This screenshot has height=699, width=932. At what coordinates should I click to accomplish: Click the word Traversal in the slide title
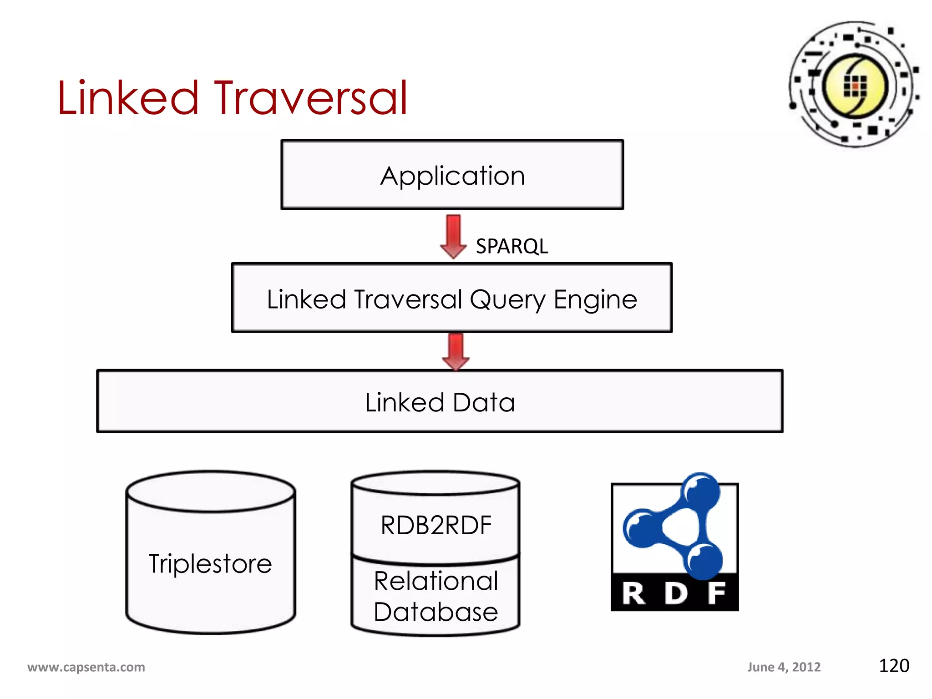[311, 98]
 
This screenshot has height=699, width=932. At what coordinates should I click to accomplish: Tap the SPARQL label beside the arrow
[512, 246]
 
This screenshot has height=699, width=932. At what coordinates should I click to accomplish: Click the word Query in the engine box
[507, 300]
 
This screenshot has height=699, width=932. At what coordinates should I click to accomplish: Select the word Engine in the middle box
[595, 300]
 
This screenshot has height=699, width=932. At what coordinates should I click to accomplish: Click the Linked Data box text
[440, 402]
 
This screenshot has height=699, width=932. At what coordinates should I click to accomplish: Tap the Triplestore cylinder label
[210, 563]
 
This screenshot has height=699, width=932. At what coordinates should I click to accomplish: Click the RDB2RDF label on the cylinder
[436, 525]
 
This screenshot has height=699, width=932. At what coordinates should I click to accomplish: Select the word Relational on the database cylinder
[436, 581]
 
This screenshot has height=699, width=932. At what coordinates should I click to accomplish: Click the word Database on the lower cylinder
[436, 612]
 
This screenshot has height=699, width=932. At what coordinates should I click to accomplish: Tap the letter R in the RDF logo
[634, 593]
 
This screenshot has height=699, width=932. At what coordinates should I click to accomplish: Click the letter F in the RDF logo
[716, 593]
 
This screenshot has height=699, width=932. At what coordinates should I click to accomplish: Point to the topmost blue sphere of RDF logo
[700, 491]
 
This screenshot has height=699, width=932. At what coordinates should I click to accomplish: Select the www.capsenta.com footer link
[86, 667]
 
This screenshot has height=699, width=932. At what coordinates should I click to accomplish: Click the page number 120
[894, 666]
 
